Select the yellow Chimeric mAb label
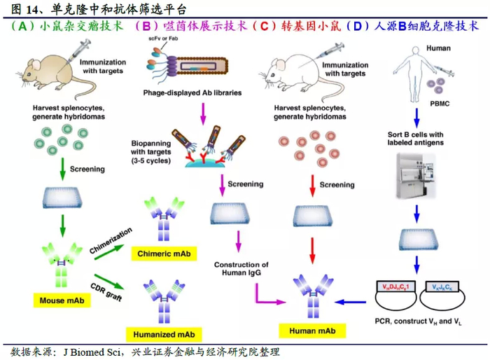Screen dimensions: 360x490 tap(166, 253)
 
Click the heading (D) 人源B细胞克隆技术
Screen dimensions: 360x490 tap(416, 27)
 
